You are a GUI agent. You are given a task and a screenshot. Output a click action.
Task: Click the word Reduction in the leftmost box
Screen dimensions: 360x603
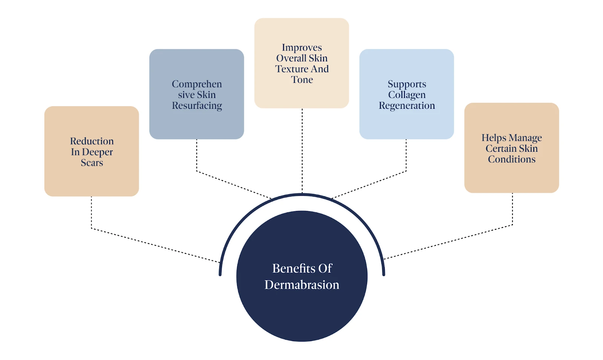tap(92, 141)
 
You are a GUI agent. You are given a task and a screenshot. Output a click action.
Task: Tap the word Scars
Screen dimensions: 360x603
tap(92, 163)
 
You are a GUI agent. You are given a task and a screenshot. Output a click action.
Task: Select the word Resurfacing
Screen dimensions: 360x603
tap(197, 106)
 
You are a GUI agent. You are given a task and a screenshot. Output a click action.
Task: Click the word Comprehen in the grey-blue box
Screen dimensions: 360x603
tap(197, 84)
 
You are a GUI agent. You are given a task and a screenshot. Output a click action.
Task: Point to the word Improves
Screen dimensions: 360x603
tap(302, 48)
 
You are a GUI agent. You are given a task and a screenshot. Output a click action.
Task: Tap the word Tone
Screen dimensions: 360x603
tap(302, 80)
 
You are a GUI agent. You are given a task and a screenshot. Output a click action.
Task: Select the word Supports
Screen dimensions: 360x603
tap(407, 84)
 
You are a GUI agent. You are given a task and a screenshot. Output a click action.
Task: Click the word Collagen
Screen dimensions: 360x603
tap(407, 95)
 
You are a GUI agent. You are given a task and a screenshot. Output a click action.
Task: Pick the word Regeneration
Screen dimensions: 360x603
tap(407, 106)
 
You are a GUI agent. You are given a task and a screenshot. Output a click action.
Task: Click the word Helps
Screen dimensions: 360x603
tap(494, 138)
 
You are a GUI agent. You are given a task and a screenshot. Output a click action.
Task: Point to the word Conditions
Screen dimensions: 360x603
tap(511, 160)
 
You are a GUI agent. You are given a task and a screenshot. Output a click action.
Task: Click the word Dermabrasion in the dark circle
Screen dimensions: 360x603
tap(302, 285)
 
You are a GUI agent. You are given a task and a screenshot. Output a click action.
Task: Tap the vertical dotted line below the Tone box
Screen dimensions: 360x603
tap(302, 151)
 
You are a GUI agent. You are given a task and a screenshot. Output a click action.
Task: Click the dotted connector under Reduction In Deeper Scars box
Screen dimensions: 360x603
tap(92, 213)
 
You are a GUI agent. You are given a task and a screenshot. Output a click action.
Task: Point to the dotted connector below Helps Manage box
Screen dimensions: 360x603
tap(512, 209)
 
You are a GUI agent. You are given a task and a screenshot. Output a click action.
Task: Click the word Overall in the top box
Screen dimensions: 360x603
tap(291, 58)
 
